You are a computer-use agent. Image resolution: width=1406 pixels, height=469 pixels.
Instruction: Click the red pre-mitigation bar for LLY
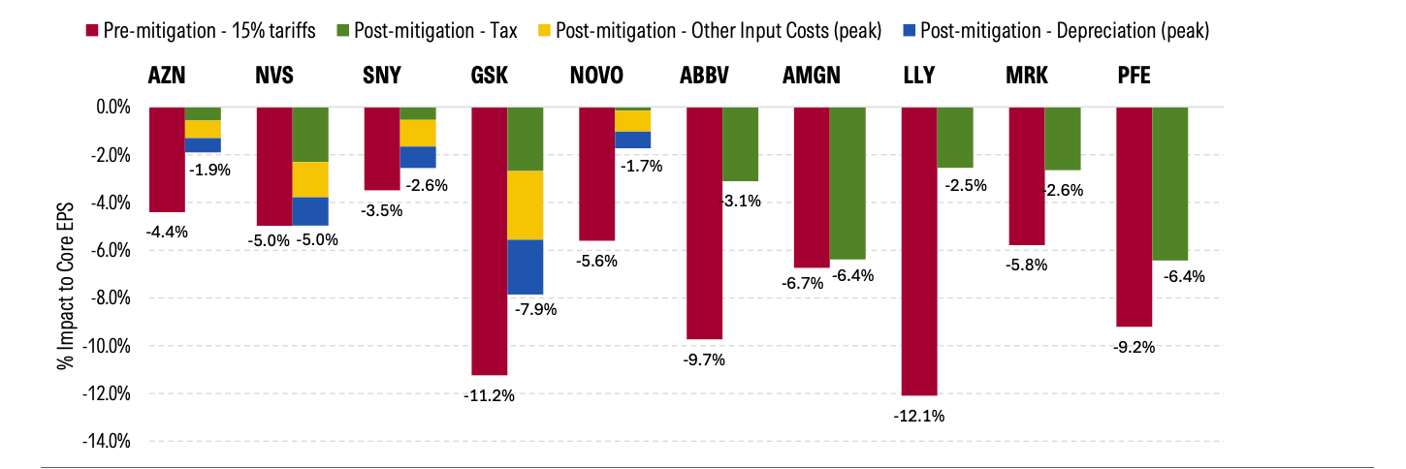[x=919, y=251]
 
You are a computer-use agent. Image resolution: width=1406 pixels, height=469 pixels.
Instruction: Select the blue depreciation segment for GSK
[x=525, y=266]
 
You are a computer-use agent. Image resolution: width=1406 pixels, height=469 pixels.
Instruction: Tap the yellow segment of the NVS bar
[x=310, y=179]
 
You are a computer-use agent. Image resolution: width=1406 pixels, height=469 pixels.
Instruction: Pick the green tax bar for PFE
[x=1170, y=183]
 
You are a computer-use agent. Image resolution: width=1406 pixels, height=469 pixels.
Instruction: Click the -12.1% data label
[x=919, y=417]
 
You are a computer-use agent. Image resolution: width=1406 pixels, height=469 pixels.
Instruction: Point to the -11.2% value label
[x=489, y=394]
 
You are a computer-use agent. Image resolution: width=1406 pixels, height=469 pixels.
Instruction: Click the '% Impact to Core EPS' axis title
[x=64, y=274]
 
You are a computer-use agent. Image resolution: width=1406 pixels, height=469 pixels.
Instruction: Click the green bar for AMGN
[x=847, y=183]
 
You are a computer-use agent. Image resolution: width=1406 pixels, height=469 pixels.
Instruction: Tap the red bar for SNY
[x=381, y=148]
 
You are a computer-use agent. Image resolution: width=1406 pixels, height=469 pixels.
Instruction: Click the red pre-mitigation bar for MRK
[x=1027, y=175]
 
